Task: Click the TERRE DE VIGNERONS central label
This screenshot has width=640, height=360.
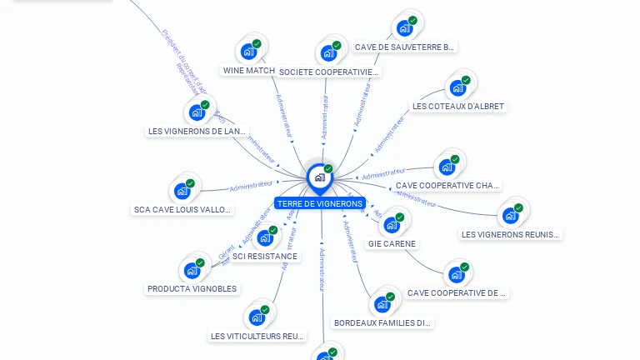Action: tap(320, 203)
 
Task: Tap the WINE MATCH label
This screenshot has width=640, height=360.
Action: tap(249, 71)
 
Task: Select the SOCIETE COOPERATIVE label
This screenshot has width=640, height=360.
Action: tap(328, 72)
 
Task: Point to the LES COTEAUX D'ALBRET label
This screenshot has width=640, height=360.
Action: tap(457, 107)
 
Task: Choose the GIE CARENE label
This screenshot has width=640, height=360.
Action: tap(392, 244)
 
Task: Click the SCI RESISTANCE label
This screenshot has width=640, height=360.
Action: tap(265, 257)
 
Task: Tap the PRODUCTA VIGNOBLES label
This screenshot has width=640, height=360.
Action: tap(192, 289)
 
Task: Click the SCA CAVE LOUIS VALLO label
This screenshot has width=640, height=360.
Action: tap(182, 210)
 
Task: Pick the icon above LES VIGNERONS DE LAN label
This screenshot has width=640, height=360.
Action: tap(197, 112)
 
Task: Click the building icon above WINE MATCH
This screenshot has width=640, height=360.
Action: tap(248, 51)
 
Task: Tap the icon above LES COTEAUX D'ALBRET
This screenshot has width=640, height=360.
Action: tap(457, 87)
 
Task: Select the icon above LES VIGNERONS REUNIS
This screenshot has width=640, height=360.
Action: tap(510, 215)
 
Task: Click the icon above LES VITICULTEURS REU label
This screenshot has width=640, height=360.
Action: tap(257, 317)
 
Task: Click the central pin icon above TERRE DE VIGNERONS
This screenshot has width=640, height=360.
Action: tap(319, 177)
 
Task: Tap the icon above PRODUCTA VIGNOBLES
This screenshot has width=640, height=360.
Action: tap(192, 270)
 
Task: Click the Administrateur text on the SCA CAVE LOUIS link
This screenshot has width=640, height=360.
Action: tap(251, 184)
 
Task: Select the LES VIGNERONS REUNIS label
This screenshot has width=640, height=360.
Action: tap(510, 234)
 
